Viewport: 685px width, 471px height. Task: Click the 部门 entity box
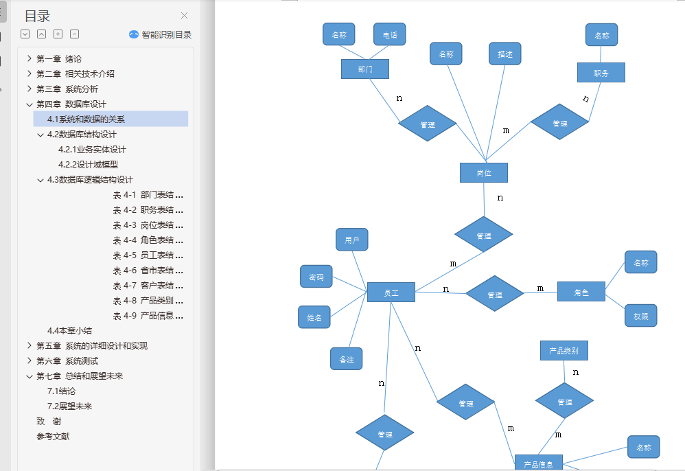point(364,69)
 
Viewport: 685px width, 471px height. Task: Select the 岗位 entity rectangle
point(483,173)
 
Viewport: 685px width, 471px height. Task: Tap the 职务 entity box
point(601,73)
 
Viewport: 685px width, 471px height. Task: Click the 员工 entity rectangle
point(391,292)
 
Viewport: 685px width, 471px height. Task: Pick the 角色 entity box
point(581,292)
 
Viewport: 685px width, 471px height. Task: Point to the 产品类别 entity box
point(564,351)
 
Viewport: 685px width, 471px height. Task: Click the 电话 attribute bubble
point(390,34)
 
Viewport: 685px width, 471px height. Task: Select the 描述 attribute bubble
point(505,54)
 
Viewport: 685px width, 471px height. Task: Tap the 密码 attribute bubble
point(316,277)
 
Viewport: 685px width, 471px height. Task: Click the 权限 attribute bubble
point(640,316)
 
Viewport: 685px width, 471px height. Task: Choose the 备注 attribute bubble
point(346,359)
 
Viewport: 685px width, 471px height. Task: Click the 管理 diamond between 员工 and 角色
point(494,294)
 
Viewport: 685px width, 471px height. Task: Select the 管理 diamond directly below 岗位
point(483,235)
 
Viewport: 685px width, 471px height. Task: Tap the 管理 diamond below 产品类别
point(564,402)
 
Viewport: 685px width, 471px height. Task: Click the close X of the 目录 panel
point(184,16)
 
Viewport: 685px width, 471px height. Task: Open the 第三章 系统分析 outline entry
point(67,89)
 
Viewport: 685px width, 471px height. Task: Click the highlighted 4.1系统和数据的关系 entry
point(86,119)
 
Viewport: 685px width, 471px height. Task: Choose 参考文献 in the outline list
point(53,437)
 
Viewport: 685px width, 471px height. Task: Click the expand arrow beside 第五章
point(29,346)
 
